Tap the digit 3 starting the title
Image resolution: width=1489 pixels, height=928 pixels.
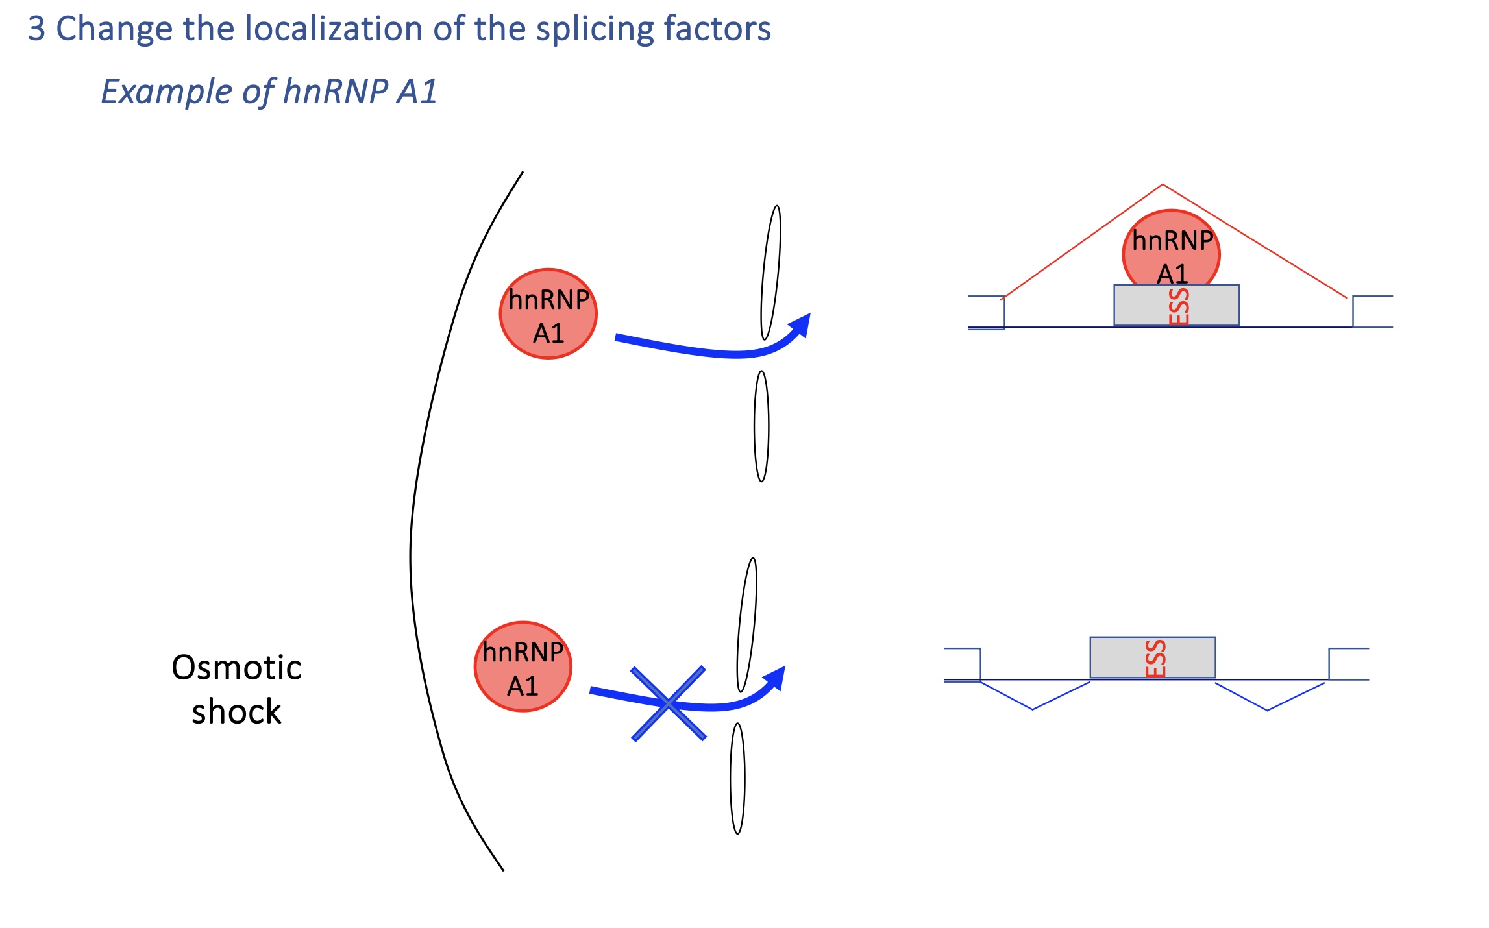click(36, 29)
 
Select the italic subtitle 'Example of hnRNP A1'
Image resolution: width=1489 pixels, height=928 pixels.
click(269, 91)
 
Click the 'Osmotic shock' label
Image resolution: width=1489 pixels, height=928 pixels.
click(236, 689)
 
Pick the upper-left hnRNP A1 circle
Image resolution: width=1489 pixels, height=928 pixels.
click(548, 314)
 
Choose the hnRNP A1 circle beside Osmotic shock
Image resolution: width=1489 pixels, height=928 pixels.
click(523, 667)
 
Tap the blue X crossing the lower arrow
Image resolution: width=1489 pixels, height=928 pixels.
click(669, 703)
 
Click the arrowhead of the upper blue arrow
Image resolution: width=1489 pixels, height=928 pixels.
click(802, 324)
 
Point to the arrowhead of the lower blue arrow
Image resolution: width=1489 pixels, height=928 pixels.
click(776, 678)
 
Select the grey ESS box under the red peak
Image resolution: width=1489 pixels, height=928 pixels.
click(1176, 305)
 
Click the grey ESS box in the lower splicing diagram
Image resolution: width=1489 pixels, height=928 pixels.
click(1152, 657)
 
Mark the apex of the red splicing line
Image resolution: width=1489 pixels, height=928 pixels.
click(1163, 186)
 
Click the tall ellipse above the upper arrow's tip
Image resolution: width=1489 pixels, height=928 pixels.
click(771, 273)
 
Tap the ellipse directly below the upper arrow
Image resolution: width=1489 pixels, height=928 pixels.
click(761, 426)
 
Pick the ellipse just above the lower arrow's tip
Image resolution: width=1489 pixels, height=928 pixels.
click(747, 625)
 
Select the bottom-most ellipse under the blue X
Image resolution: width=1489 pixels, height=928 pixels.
click(737, 779)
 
